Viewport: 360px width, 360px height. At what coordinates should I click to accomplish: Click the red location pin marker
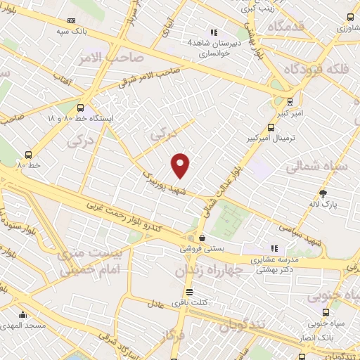(x=181, y=165)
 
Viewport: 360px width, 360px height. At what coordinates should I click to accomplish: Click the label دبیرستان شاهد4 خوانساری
(x=210, y=47)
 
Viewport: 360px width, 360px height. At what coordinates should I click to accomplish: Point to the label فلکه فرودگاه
(x=316, y=69)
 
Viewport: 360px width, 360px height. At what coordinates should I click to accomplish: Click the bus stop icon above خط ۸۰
(x=28, y=155)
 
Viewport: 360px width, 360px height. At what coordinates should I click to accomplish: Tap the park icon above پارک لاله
(x=323, y=193)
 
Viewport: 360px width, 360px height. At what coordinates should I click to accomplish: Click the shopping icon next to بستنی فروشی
(x=202, y=238)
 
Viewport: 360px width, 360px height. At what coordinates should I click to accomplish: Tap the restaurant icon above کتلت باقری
(x=188, y=292)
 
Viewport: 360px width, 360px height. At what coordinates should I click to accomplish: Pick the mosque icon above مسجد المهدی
(x=22, y=314)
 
